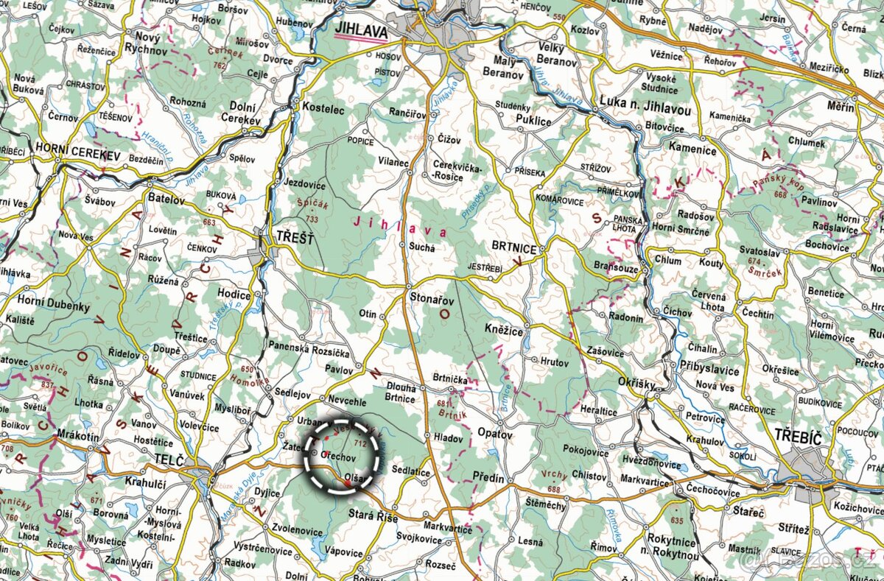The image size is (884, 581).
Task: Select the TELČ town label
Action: coord(167,459)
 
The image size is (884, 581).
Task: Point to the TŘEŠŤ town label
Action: coord(295,237)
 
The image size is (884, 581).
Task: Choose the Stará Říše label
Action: coord(373,518)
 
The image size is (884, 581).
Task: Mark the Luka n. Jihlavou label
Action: coord(645,108)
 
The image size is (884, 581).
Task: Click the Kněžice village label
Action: coord(504,332)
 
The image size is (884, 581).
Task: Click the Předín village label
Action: coord(488,478)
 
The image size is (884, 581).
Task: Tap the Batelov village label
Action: coord(166,199)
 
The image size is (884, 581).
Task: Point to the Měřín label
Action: coord(840,108)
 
